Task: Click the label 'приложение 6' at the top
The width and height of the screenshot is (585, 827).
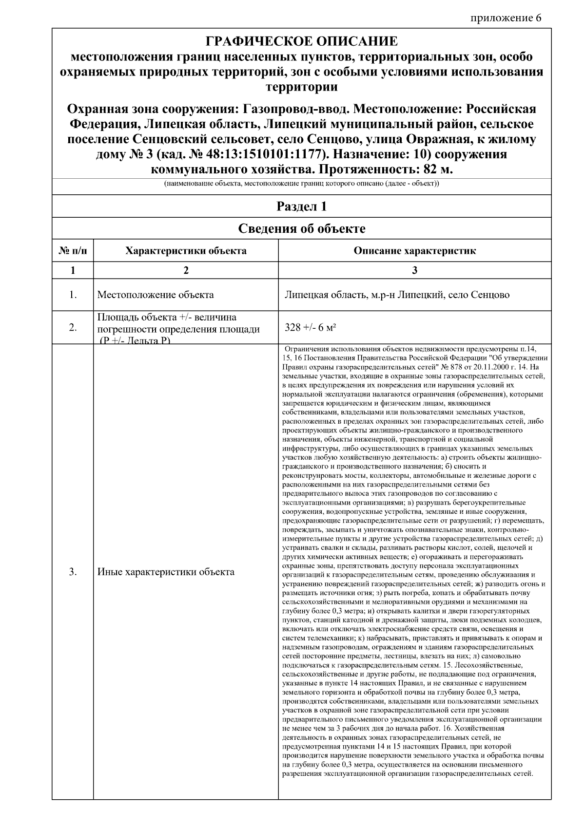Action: pyautogui.click(x=506, y=18)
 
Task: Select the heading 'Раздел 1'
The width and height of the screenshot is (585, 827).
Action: pyautogui.click(x=301, y=207)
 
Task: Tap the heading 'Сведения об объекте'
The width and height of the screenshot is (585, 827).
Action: pyautogui.click(x=301, y=228)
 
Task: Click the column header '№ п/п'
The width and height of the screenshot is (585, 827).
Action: pyautogui.click(x=73, y=251)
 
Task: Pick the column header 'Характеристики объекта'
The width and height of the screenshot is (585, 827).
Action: pyautogui.click(x=186, y=251)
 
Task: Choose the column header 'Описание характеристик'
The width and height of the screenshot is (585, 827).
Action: pyautogui.click(x=414, y=251)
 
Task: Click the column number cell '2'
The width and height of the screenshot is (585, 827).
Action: pyautogui.click(x=186, y=271)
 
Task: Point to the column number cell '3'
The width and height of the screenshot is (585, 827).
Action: pyautogui.click(x=414, y=271)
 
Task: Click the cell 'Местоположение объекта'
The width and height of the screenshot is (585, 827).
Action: pyautogui.click(x=156, y=295)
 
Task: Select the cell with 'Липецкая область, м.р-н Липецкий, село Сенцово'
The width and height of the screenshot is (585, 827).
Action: pyautogui.click(x=397, y=295)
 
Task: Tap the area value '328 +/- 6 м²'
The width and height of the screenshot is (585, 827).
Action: pyautogui.click(x=310, y=328)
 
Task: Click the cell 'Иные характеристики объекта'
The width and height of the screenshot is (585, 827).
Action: pyautogui.click(x=166, y=572)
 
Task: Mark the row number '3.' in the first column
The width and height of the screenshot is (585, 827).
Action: pyautogui.click(x=73, y=572)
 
